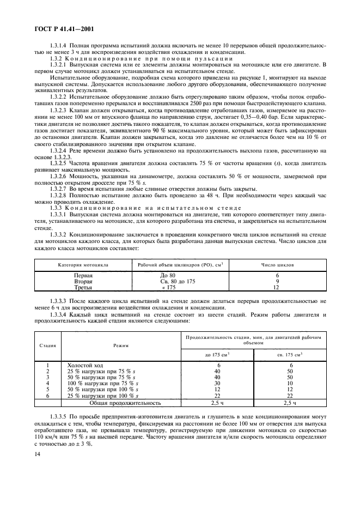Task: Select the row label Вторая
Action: pyautogui.click(x=83, y=281)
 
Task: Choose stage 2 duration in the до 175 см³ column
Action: pyautogui.click(x=217, y=371)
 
